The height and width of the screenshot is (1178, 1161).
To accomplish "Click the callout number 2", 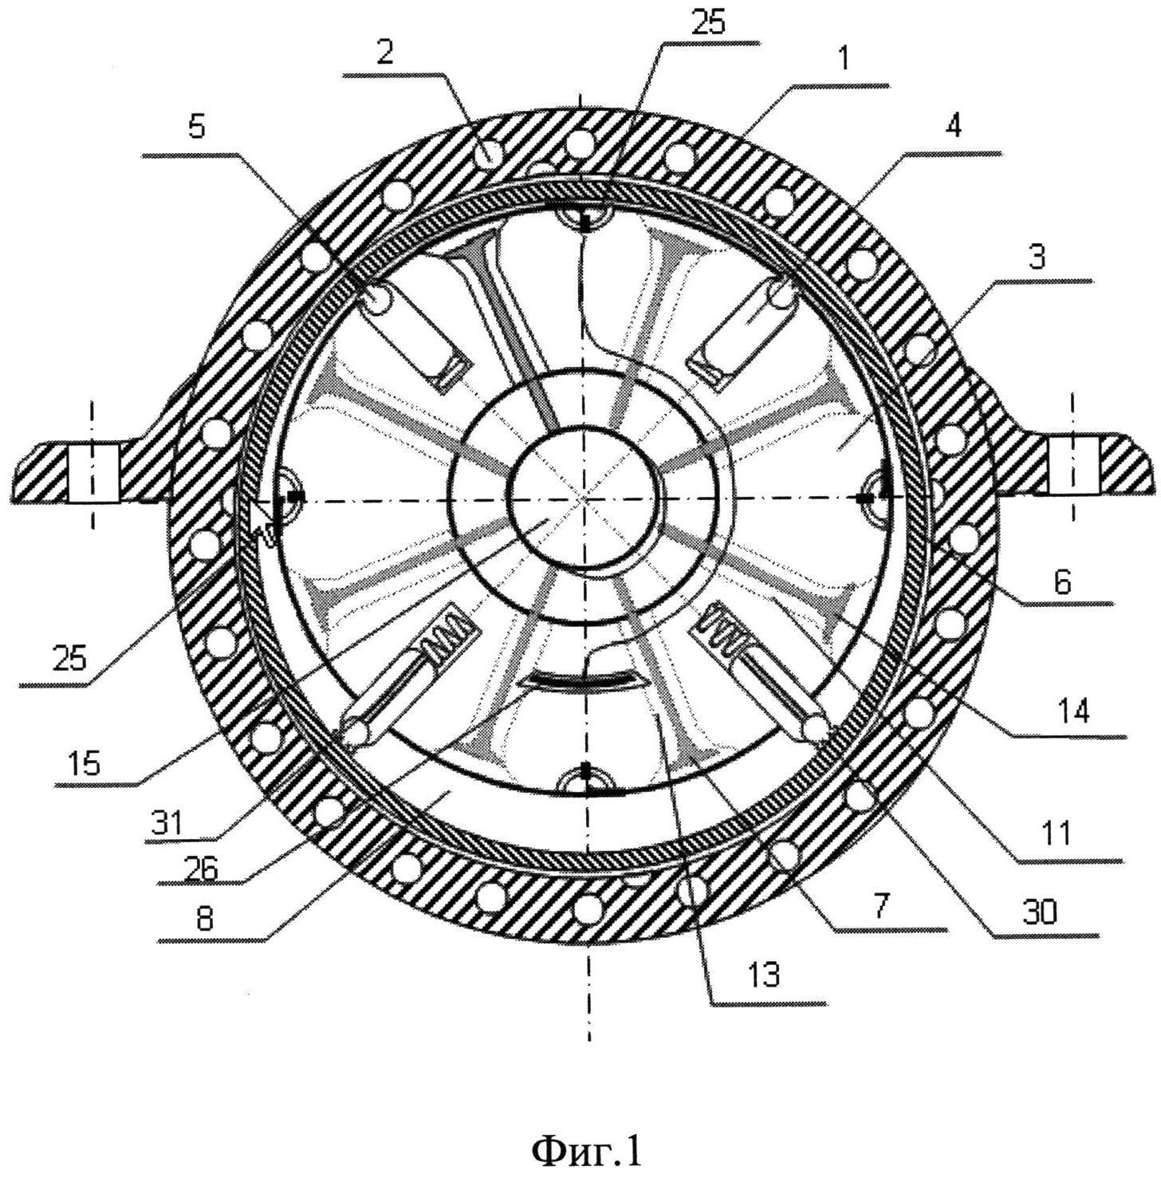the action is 386,53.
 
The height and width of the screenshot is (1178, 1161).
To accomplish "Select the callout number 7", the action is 882,907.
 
